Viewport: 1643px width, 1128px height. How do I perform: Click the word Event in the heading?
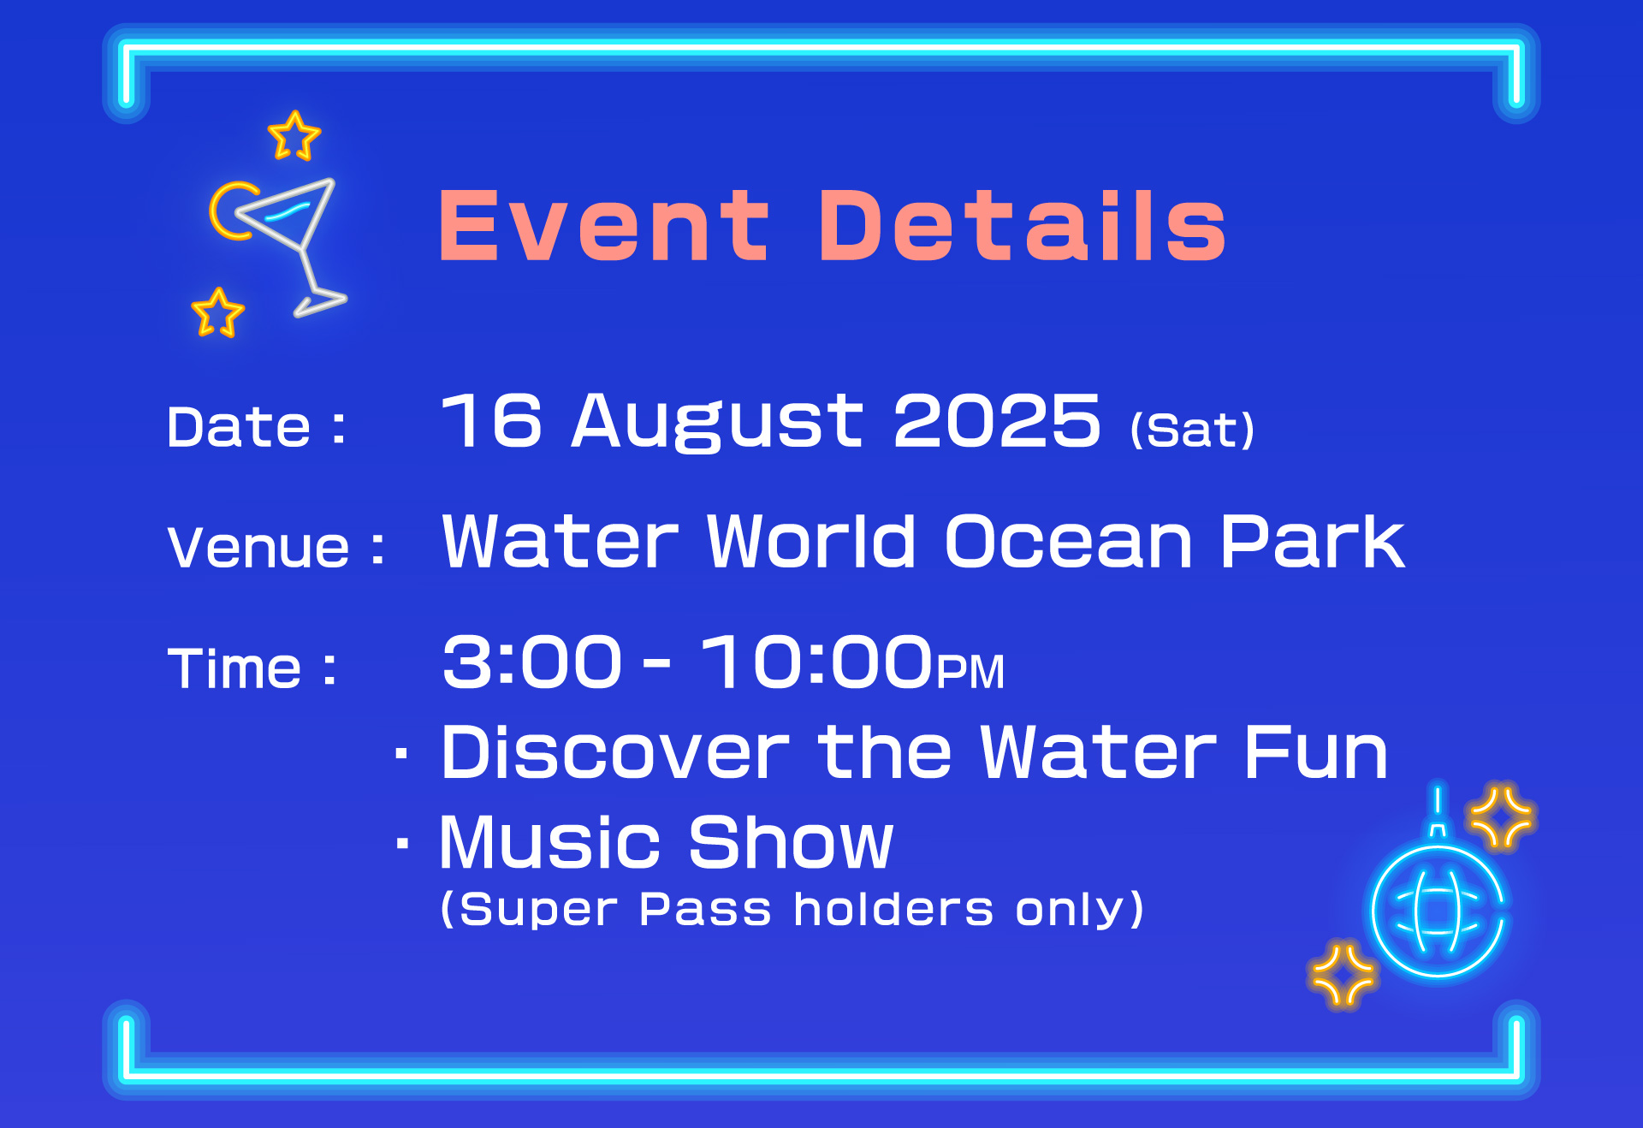point(604,225)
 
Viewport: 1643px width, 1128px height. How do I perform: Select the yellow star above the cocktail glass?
point(294,135)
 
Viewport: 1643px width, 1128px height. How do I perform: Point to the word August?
point(717,421)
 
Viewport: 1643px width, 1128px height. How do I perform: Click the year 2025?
point(997,420)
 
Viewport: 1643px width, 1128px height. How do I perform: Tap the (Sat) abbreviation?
point(1192,429)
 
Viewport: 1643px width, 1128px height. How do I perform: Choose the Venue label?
point(276,547)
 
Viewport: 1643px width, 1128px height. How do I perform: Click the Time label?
point(252,668)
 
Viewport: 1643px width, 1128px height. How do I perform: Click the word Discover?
point(614,752)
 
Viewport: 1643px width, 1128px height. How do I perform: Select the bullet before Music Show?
point(402,843)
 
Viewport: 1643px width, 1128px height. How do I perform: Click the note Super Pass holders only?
point(792,909)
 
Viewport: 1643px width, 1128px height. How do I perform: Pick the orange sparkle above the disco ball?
point(1501,816)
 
